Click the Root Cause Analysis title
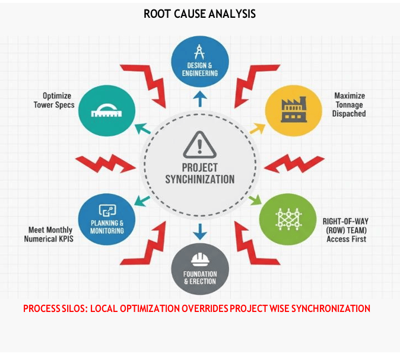click(x=199, y=13)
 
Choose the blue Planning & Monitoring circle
click(x=107, y=217)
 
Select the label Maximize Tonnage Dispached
click(x=350, y=104)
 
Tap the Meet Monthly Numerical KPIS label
click(x=50, y=234)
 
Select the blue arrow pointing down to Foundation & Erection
click(x=200, y=230)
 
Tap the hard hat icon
click(x=200, y=259)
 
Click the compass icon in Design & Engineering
click(x=200, y=50)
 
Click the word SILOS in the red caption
click(x=71, y=309)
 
